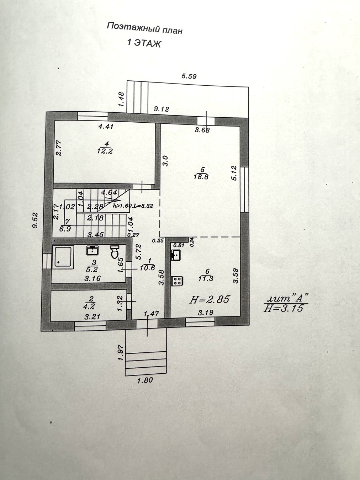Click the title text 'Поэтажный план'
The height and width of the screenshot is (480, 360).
pyautogui.click(x=144, y=28)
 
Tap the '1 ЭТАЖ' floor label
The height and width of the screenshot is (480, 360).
pyautogui.click(x=144, y=43)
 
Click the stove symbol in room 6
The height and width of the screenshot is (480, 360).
pyautogui.click(x=177, y=281)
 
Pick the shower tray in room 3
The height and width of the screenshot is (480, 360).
pyautogui.click(x=63, y=257)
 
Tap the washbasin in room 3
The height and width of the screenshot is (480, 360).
pyautogui.click(x=92, y=250)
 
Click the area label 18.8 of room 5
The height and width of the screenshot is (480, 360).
pyautogui.click(x=201, y=176)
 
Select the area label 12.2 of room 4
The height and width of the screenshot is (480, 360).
pyautogui.click(x=105, y=151)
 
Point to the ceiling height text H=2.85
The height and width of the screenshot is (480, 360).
pyautogui.click(x=210, y=299)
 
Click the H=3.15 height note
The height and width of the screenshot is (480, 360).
pyautogui.click(x=284, y=308)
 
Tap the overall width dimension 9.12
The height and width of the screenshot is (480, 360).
pyautogui.click(x=162, y=109)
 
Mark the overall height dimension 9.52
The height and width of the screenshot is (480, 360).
pyautogui.click(x=35, y=220)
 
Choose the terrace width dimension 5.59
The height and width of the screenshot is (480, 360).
pyautogui.click(x=189, y=76)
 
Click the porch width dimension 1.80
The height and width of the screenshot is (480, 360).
pyautogui.click(x=145, y=380)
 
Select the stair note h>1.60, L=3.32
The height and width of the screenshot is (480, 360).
pyautogui.click(x=133, y=206)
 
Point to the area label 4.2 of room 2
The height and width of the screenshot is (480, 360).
pyautogui.click(x=89, y=306)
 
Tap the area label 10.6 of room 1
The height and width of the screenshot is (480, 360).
pyautogui.click(x=147, y=267)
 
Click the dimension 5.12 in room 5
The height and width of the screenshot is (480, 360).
pyautogui.click(x=234, y=173)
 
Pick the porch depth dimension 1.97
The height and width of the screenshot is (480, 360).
pyautogui.click(x=121, y=352)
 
